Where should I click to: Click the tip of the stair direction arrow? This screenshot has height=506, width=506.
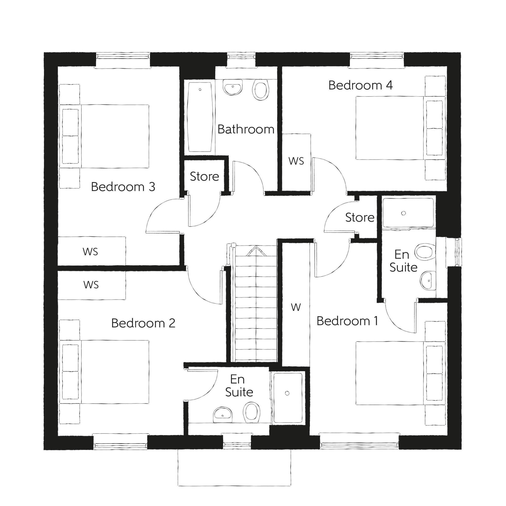(x=256, y=246)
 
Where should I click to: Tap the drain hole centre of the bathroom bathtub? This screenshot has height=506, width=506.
(x=200, y=90)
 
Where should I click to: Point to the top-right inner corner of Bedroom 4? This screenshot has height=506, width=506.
(x=447, y=67)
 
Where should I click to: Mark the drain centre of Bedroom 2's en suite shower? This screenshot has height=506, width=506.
(x=287, y=393)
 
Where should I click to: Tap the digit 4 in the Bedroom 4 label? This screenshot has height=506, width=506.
(x=389, y=85)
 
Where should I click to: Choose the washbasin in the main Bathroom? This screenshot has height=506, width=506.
(x=233, y=88)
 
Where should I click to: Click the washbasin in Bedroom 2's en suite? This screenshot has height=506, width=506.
(x=223, y=415)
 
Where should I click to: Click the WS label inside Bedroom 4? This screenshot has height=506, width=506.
(x=296, y=161)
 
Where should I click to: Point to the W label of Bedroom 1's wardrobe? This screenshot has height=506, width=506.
(x=296, y=307)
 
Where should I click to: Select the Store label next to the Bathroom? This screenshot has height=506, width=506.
(x=204, y=177)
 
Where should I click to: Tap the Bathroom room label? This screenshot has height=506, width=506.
(x=246, y=129)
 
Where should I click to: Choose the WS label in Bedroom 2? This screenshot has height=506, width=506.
(x=91, y=285)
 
